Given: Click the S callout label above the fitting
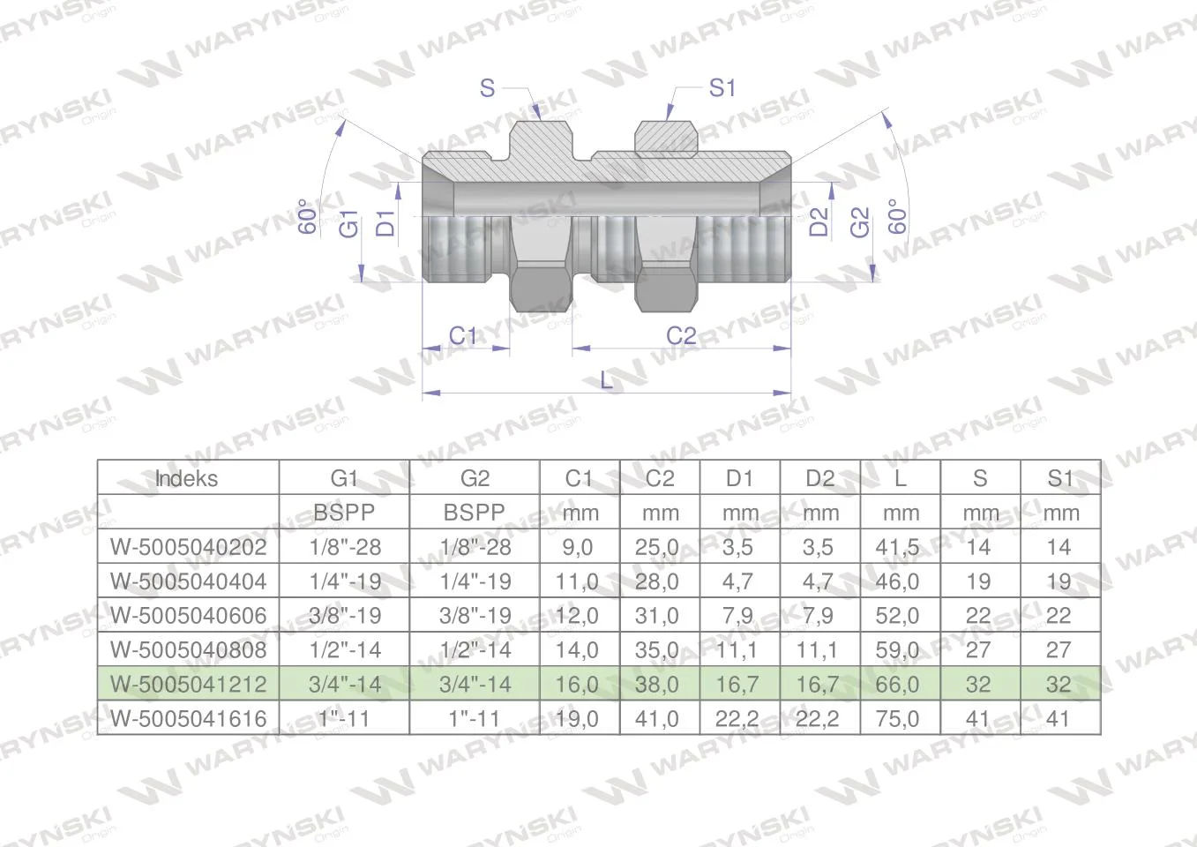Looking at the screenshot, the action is click(x=487, y=87).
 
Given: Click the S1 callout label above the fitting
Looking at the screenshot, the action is click(x=722, y=87).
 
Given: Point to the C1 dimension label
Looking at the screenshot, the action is click(x=463, y=336).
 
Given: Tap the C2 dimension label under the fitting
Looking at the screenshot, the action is click(x=681, y=336).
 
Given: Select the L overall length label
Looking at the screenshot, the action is click(x=607, y=380).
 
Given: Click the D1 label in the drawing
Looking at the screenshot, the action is click(x=385, y=223).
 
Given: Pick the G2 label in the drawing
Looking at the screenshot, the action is click(x=860, y=222).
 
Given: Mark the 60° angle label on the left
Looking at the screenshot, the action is click(x=307, y=216).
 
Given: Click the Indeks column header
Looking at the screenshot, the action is click(x=186, y=478).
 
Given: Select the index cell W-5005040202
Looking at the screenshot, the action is click(x=188, y=547).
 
